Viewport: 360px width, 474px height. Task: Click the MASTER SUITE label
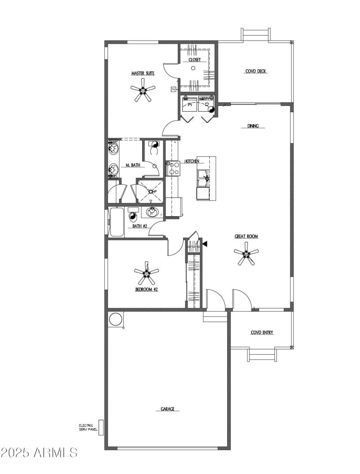[143, 73]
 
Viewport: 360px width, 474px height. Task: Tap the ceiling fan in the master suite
[143, 91]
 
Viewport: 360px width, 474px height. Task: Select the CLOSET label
[194, 59]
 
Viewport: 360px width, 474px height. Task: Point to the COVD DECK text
[256, 71]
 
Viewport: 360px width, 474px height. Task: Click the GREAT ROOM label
[246, 236]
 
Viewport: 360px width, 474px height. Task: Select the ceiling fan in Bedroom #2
[147, 273]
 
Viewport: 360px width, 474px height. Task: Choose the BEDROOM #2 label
[147, 289]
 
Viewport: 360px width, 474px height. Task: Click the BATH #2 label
[140, 226]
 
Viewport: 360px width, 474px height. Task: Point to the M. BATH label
[133, 166]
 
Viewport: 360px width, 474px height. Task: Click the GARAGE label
[167, 409]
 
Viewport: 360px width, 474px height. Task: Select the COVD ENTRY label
[262, 333]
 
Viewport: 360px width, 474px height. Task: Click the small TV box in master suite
[173, 90]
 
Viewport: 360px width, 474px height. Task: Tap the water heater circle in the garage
[115, 319]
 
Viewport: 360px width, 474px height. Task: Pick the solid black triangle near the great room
[205, 244]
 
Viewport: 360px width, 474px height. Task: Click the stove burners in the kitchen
[174, 168]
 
